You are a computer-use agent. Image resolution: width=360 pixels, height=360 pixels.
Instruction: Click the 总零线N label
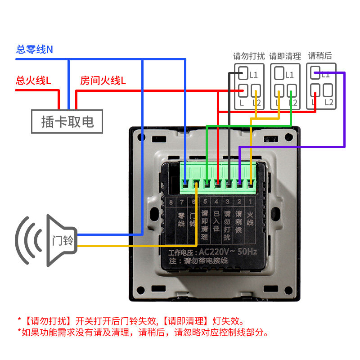[x=35, y=49]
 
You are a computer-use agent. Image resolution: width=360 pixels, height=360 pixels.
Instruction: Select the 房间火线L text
[x=103, y=81]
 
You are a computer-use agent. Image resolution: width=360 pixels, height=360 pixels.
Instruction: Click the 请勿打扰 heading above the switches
[x=249, y=56]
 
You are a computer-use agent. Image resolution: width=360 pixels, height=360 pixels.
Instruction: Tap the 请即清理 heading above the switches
[x=285, y=56]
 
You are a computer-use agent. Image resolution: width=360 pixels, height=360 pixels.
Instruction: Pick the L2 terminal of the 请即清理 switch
[x=292, y=90]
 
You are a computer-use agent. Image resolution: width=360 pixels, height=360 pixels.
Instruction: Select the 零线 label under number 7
[x=182, y=219]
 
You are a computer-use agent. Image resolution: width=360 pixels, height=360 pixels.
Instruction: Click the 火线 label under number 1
[x=250, y=219]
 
